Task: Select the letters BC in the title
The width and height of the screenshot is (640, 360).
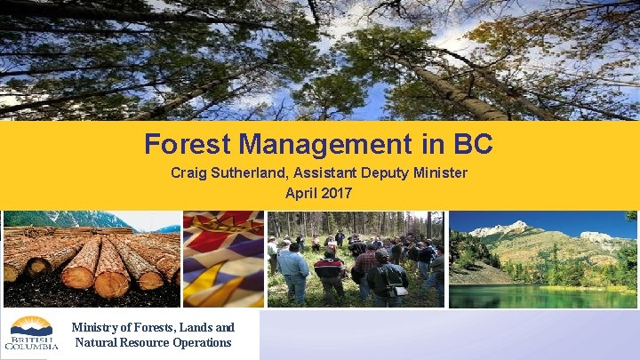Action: tap(473, 143)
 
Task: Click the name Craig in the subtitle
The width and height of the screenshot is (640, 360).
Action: tap(188, 172)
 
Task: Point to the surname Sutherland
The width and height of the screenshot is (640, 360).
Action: tap(246, 172)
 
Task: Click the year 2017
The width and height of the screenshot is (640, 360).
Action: tap(336, 192)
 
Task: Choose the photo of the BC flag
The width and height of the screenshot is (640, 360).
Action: tap(223, 259)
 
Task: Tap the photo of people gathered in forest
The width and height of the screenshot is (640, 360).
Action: tap(356, 259)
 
